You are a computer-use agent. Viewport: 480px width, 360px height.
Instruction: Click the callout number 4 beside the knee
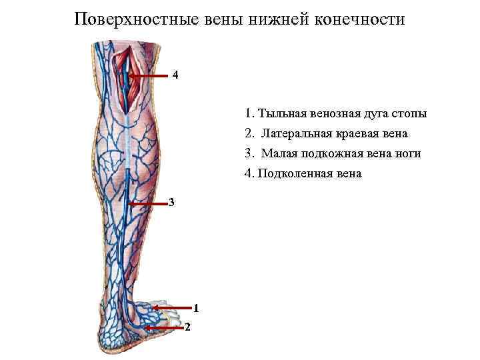[175, 75]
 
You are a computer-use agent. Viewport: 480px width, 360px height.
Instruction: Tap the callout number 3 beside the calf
[171, 202]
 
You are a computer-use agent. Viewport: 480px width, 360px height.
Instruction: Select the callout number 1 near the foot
[196, 307]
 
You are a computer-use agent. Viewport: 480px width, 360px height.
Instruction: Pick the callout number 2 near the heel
[188, 327]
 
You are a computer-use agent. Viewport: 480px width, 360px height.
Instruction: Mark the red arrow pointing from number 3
[147, 203]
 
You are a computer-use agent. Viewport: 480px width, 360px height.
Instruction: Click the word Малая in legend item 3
[277, 153]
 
